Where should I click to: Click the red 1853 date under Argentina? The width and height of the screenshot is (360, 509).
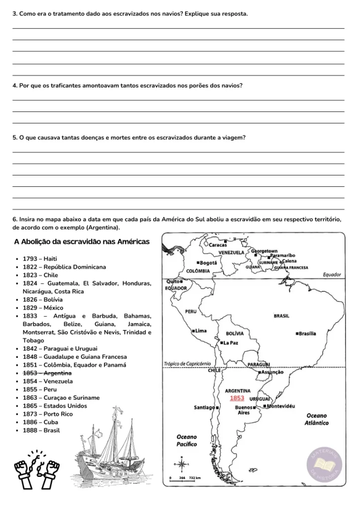(237, 398)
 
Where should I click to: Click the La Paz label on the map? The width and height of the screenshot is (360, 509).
(230, 342)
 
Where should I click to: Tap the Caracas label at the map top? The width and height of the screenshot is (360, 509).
(217, 245)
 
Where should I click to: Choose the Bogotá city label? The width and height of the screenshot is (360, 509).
(207, 262)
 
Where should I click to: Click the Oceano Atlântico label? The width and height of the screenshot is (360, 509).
(317, 419)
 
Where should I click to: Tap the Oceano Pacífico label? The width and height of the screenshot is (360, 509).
(187, 440)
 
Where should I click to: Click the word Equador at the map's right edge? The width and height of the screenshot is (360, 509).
(332, 274)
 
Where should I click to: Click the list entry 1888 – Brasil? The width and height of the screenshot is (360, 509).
(41, 430)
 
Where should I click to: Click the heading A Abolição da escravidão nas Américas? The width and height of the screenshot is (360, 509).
(82, 242)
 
